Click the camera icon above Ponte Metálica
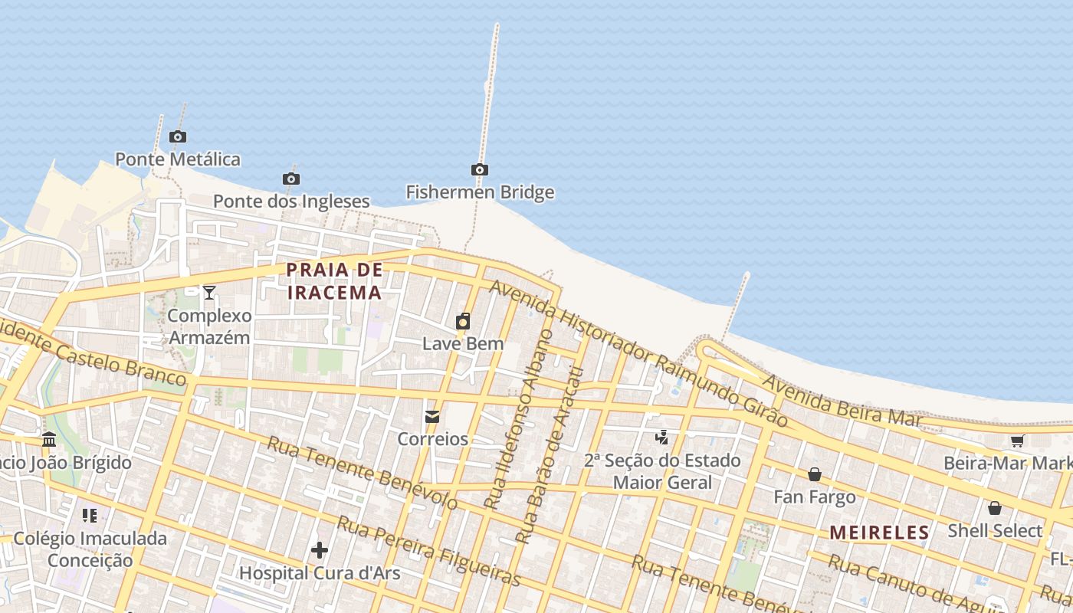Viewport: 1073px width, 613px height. point(178,137)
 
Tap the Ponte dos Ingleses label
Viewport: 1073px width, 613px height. point(291,202)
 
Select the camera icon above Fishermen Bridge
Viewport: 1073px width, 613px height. point(480,169)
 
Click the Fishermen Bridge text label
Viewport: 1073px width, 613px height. point(480,192)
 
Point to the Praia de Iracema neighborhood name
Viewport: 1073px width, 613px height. point(334,281)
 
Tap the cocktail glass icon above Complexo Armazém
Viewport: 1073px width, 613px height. point(208,292)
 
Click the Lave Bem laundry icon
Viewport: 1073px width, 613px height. point(463,321)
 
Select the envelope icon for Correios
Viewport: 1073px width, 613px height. point(432,417)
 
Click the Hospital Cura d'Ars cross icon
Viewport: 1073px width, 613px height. point(320,550)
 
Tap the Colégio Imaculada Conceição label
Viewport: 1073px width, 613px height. point(90,549)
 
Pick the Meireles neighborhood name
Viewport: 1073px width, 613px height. point(880,533)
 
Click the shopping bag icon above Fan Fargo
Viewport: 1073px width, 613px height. point(815,474)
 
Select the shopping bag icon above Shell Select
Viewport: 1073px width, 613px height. point(995,508)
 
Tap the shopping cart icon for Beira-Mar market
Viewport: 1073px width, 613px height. point(1018,441)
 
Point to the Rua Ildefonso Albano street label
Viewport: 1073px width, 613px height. point(519,421)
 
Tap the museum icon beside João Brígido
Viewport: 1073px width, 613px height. point(50,440)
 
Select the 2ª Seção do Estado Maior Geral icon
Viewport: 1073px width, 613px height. point(661,438)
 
